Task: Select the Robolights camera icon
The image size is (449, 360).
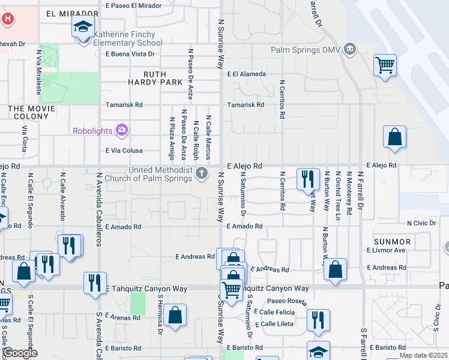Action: [x=122, y=130]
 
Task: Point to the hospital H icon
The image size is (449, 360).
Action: [x=8, y=19]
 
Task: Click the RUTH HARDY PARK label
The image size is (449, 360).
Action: [x=155, y=78]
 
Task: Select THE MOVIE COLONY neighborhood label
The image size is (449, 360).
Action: [x=31, y=109]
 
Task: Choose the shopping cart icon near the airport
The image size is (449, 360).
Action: [x=384, y=64]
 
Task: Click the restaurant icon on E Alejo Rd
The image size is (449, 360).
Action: [x=307, y=178]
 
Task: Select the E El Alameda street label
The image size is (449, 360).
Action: [x=246, y=74]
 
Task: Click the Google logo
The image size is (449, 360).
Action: [x=20, y=353]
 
